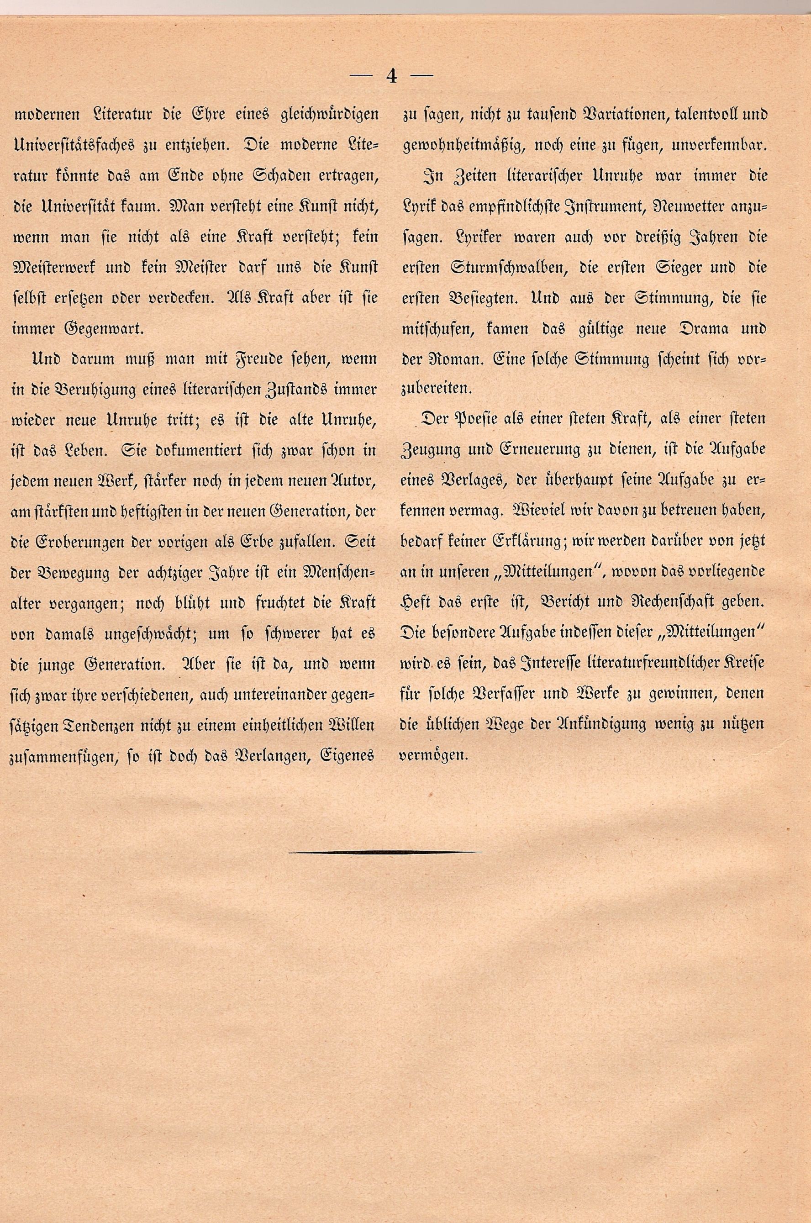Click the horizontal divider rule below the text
[385, 851]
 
